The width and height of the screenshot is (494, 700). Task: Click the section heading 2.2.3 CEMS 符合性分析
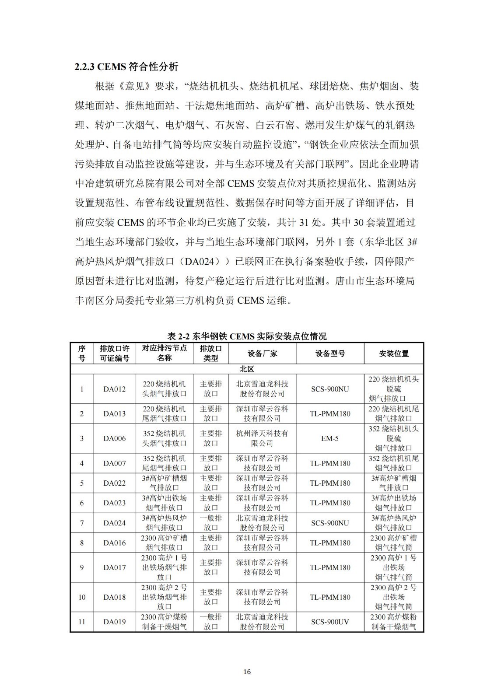pos(126,67)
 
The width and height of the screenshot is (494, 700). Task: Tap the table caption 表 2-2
pos(247,336)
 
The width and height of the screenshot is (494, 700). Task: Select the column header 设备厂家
pos(262,353)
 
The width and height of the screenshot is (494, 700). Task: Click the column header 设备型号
pos(330,353)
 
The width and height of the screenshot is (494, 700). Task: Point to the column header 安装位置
pos(394,353)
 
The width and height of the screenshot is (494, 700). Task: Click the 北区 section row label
pos(247,369)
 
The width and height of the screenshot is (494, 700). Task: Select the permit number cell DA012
pos(115,389)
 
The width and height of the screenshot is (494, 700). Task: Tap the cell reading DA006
pos(115,438)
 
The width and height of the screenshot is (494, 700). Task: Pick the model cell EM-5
pos(330,438)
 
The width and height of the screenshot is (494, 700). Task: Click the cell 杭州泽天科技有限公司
pos(262,438)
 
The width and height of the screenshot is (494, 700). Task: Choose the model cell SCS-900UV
pos(330,622)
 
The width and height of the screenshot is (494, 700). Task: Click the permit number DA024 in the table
pos(115,523)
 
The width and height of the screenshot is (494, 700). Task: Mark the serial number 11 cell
pos(82,622)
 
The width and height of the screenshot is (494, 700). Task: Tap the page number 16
pos(247,672)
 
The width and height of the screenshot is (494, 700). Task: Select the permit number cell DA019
pos(115,622)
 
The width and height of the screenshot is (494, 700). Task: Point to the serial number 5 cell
pos(82,483)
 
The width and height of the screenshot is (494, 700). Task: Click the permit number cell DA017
pos(115,567)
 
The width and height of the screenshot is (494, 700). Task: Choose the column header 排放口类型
pos(211,353)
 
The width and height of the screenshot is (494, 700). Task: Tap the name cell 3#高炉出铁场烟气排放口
pos(165,503)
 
